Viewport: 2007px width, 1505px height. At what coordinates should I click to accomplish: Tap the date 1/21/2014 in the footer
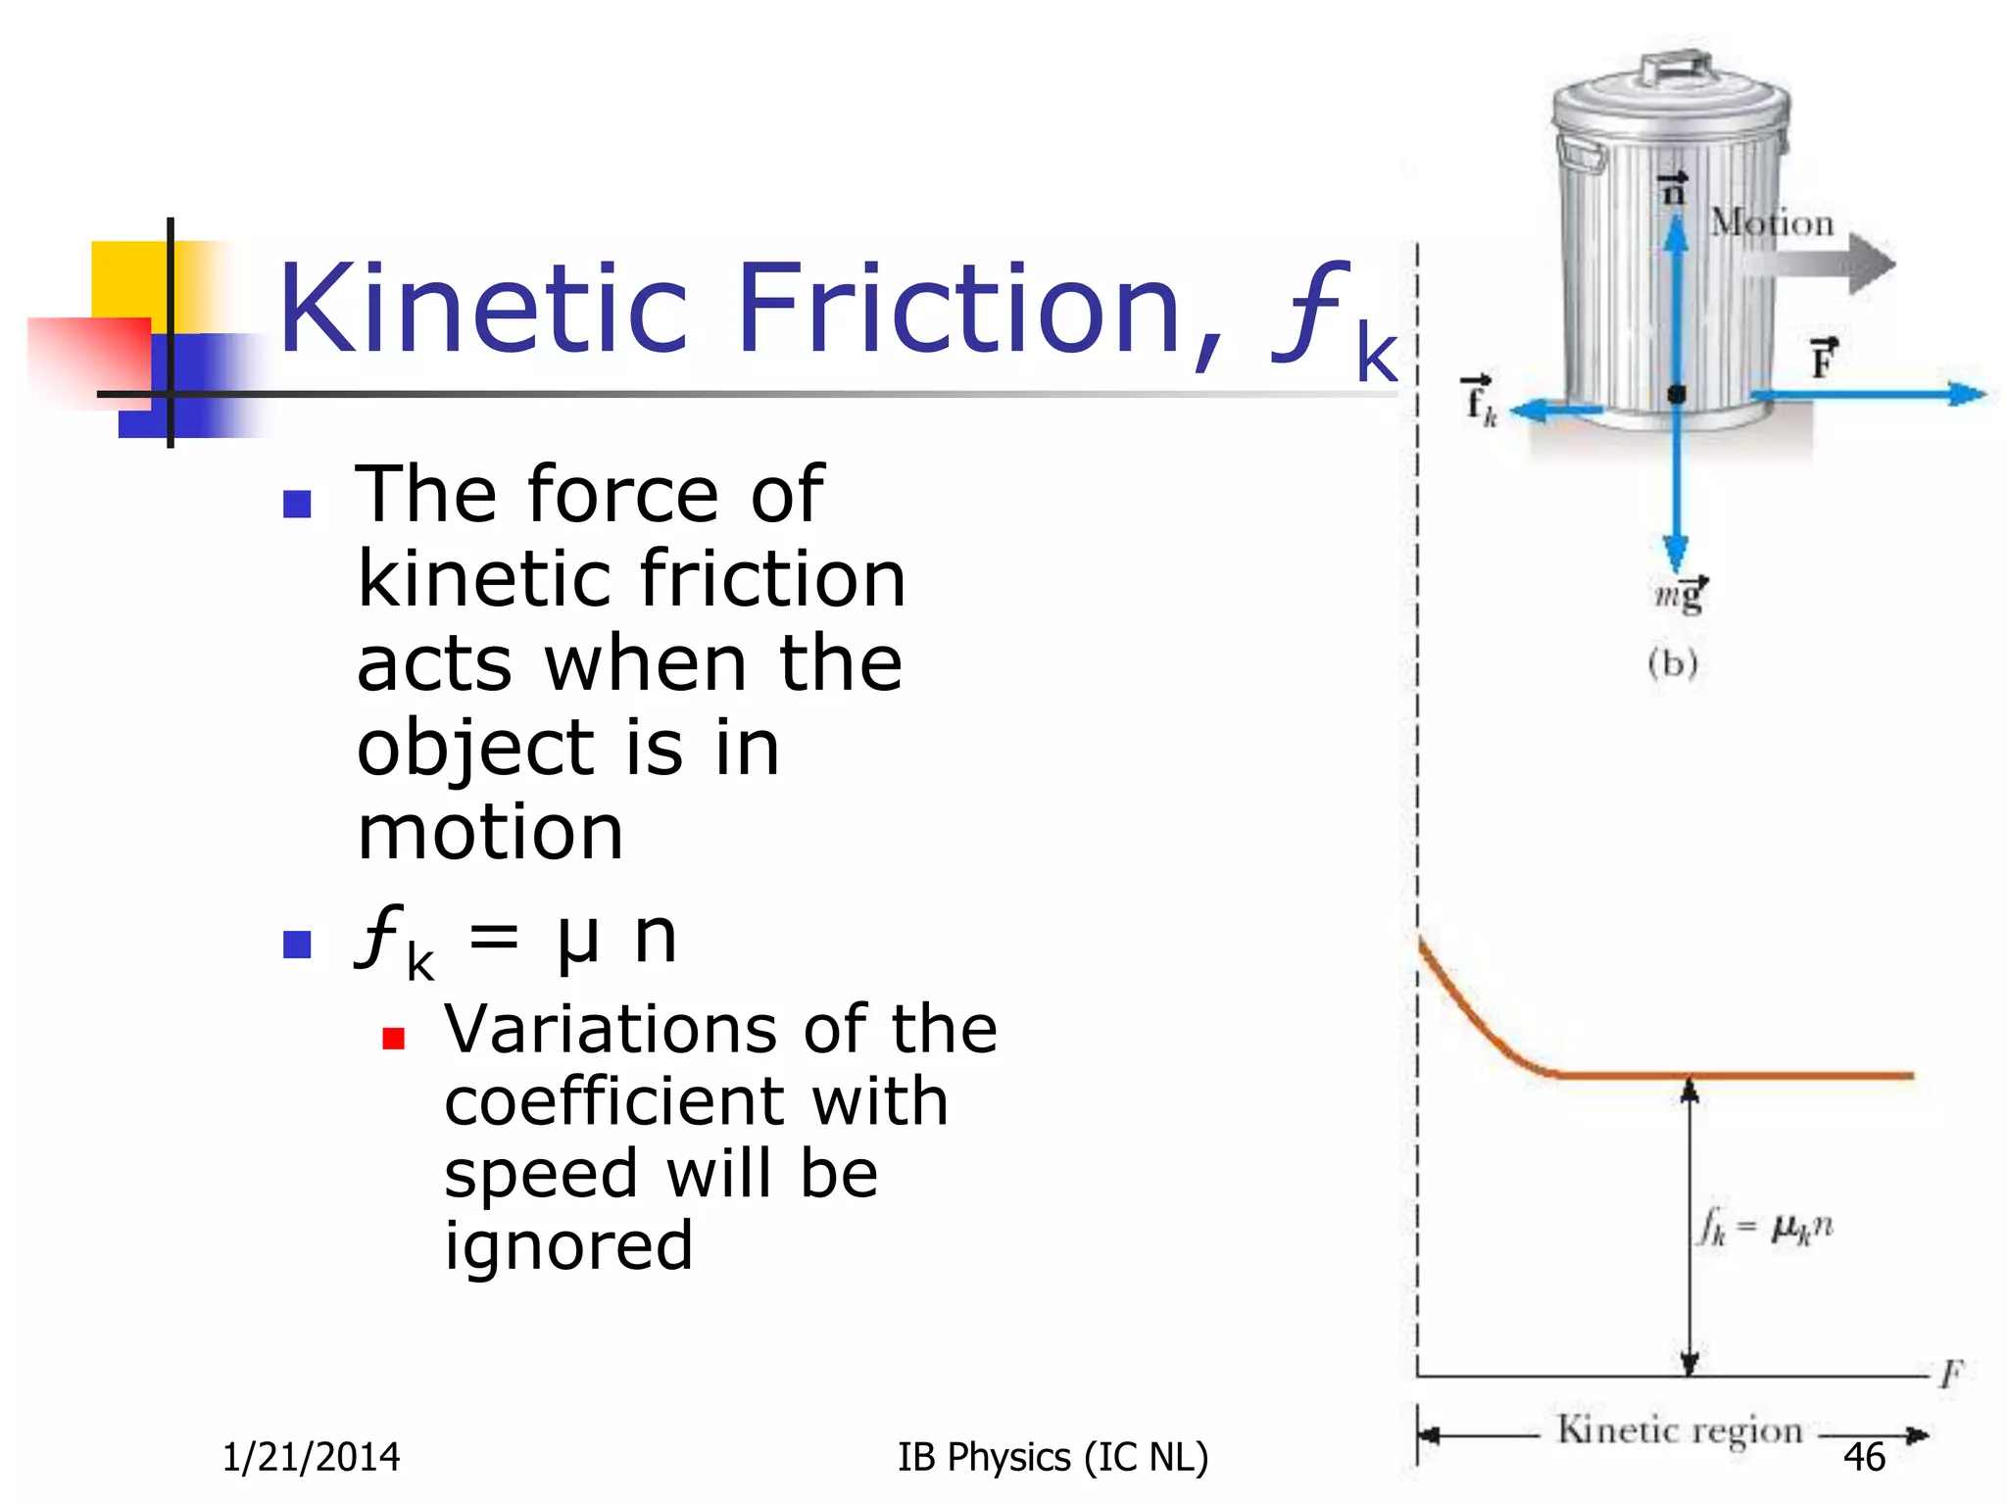(x=311, y=1457)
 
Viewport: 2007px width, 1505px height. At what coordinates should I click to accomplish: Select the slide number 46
(x=1863, y=1457)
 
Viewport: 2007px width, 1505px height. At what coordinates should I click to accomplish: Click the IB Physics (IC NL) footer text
(x=1052, y=1457)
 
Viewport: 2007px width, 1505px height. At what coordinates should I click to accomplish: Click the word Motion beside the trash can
(x=1772, y=223)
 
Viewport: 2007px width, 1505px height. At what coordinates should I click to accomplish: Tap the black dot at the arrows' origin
(x=1677, y=394)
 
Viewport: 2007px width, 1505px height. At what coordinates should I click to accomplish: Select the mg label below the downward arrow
(x=1682, y=594)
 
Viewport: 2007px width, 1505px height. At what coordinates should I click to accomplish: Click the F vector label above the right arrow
(x=1823, y=360)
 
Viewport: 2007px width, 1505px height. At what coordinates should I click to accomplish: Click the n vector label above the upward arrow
(x=1673, y=188)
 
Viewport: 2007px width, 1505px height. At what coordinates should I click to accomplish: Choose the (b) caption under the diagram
(x=1672, y=663)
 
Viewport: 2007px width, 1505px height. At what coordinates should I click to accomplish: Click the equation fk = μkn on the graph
(x=1765, y=1228)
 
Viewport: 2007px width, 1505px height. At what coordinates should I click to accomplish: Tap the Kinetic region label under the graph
(x=1680, y=1431)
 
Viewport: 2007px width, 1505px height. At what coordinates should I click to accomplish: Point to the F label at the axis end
(x=1950, y=1374)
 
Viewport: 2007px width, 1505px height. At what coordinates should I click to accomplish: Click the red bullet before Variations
(x=394, y=1039)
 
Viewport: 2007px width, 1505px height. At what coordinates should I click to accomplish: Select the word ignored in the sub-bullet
(x=568, y=1246)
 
